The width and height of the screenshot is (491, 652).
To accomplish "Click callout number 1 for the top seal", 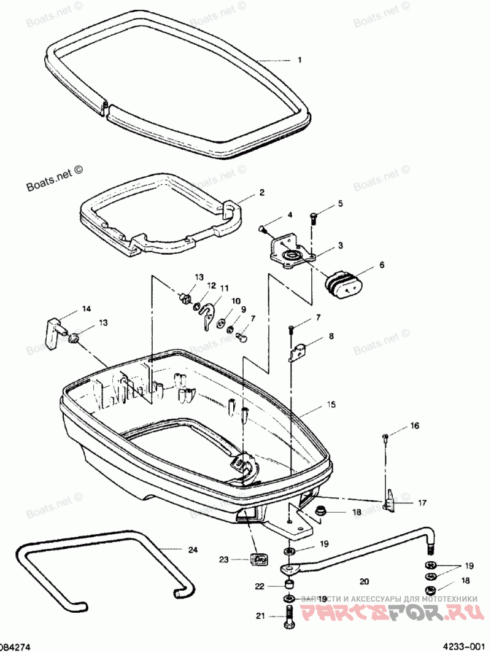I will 300,60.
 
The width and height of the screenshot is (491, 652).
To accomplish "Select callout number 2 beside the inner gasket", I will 261,192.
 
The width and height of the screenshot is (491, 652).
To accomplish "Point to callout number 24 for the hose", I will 192,549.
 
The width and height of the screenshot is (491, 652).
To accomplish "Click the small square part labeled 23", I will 260,559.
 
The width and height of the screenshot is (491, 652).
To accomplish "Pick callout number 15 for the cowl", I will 331,405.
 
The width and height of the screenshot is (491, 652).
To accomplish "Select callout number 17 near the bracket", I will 422,503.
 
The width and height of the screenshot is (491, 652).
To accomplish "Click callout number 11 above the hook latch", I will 224,287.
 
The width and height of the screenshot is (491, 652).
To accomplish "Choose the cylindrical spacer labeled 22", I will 288,584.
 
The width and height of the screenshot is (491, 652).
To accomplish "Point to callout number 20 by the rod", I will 364,580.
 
